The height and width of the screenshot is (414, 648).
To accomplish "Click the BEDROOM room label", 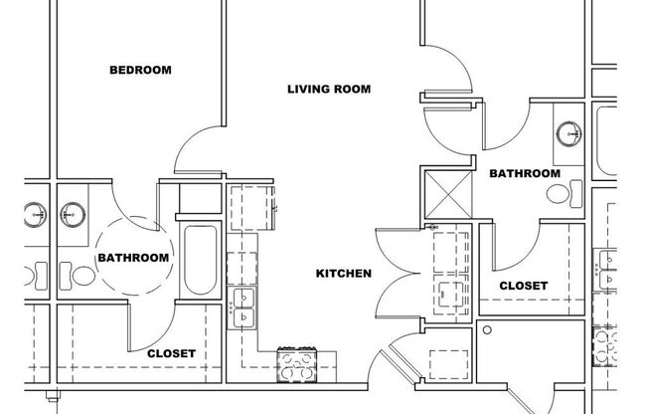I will click(x=140, y=71).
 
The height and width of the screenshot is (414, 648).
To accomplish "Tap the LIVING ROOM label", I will click(x=329, y=90).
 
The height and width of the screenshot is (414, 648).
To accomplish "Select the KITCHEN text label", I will click(x=344, y=274).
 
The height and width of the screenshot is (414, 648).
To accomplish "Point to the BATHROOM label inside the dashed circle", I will click(x=133, y=258).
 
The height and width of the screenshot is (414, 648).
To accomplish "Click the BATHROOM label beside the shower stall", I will click(x=525, y=173).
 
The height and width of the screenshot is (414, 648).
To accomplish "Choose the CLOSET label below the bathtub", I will click(x=171, y=353).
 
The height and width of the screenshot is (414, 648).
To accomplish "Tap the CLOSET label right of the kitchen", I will click(x=523, y=286).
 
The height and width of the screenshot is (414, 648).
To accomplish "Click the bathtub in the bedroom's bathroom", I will click(x=198, y=261).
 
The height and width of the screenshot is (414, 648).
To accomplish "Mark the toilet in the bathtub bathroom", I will click(x=66, y=272).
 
